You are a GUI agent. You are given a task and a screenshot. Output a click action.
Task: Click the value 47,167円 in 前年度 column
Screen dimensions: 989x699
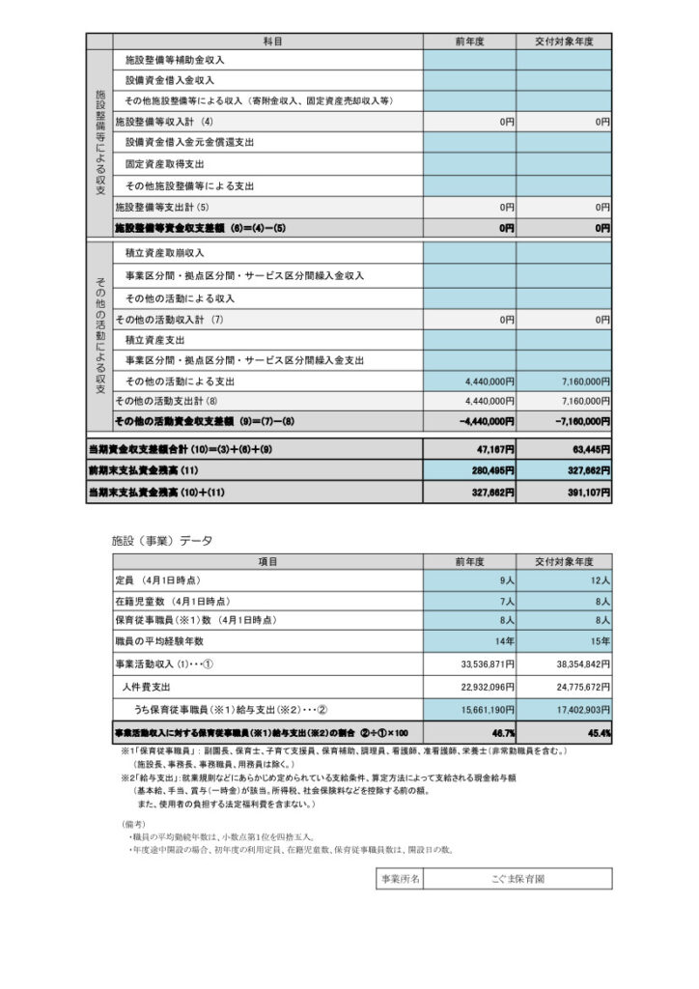coord(493,449)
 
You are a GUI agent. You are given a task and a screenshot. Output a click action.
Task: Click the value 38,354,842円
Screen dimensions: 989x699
coord(575,664)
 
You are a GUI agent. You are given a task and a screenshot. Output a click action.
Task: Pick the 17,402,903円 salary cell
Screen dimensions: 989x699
coord(575,709)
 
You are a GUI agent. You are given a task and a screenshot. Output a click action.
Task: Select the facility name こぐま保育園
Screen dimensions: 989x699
coord(517,879)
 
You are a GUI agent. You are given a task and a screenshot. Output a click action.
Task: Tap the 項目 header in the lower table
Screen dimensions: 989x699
coord(267,561)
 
